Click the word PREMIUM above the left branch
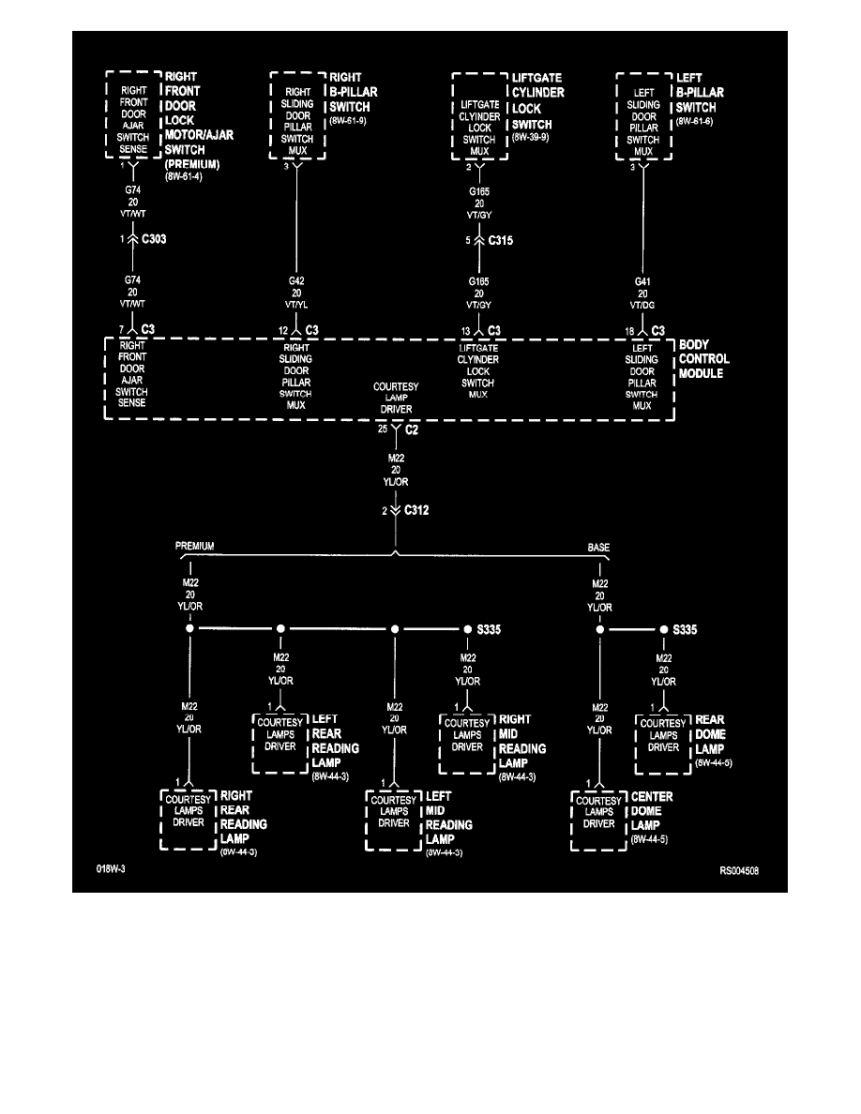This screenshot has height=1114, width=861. (x=195, y=546)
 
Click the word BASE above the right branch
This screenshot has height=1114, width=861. (x=599, y=546)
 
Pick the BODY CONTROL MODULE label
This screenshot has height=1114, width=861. (x=704, y=360)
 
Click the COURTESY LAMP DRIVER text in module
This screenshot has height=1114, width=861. (x=396, y=398)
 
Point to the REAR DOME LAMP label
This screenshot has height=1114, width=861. (x=710, y=735)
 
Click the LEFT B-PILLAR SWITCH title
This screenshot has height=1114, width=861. (x=700, y=92)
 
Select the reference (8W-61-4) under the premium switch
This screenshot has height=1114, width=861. (x=184, y=176)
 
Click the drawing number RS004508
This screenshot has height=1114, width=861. (x=738, y=871)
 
